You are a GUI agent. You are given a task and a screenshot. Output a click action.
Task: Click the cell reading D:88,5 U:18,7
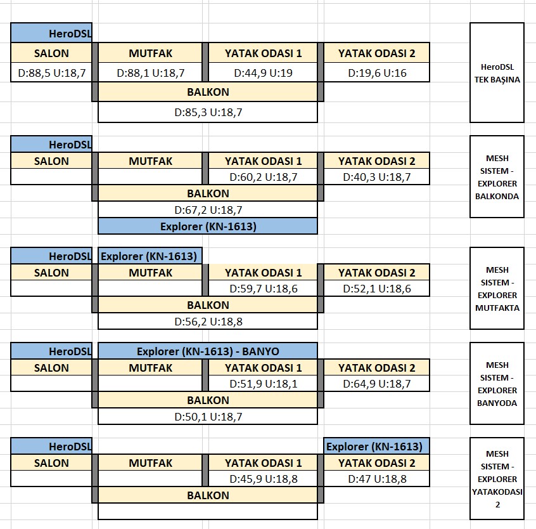51,72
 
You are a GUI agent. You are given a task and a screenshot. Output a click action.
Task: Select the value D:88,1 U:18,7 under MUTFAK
150,72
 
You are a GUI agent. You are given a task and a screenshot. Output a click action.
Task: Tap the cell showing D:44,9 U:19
263,72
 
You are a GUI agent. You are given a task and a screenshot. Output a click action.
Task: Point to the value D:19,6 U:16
377,72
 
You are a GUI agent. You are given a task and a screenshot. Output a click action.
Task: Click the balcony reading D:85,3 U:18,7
208,112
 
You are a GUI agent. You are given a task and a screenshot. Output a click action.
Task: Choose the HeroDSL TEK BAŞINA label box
497,73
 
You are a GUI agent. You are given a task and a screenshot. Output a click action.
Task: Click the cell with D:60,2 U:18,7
263,176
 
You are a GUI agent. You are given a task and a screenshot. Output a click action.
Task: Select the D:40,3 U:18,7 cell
377,176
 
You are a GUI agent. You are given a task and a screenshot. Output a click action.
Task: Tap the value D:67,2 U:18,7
208,209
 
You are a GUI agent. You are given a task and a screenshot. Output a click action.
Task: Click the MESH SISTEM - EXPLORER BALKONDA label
497,177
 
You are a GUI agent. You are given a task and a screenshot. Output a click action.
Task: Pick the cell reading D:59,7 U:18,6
263,289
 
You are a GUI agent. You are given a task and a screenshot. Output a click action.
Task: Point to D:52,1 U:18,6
377,289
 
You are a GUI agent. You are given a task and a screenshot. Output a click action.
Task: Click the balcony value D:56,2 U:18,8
208,322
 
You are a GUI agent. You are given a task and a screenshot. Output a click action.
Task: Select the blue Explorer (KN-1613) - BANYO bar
208,351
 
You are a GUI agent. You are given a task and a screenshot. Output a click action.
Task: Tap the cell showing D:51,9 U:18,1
263,384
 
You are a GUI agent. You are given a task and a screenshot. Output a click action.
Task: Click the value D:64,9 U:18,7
377,384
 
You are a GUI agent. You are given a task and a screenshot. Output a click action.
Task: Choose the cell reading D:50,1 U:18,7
208,417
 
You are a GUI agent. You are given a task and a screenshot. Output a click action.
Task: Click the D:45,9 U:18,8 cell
263,479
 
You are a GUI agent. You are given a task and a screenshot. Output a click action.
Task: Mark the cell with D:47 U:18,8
377,479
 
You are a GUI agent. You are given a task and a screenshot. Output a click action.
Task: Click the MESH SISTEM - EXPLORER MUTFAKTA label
497,289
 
